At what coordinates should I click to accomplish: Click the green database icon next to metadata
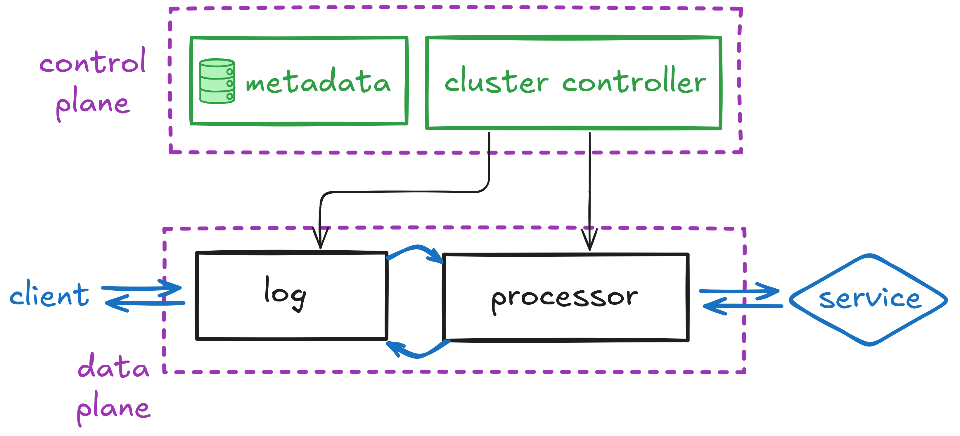click(x=217, y=81)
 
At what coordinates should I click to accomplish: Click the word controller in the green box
click(x=634, y=81)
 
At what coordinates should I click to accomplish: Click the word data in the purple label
click(x=113, y=367)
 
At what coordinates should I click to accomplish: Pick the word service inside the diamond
click(x=869, y=299)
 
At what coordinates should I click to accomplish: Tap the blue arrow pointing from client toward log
click(x=142, y=288)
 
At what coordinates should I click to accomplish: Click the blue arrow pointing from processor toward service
click(x=740, y=291)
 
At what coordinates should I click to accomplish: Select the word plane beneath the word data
click(x=113, y=409)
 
